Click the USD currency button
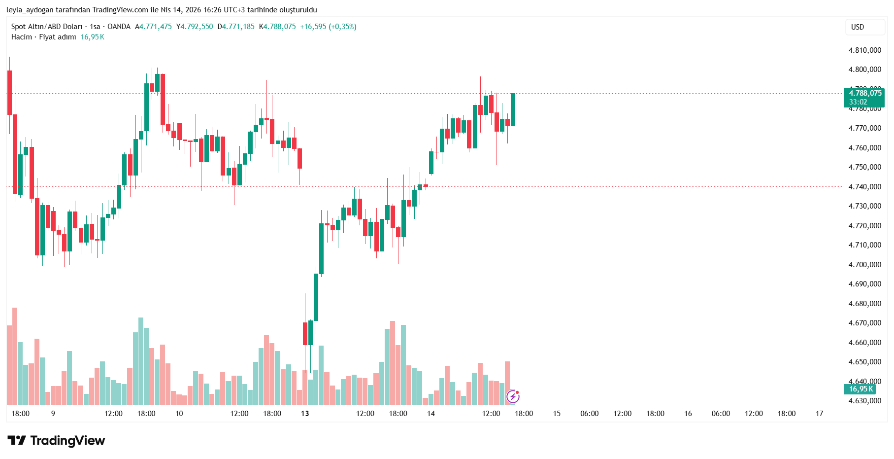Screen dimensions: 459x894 858,27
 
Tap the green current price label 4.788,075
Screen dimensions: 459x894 864,93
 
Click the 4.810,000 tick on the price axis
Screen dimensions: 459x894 864,50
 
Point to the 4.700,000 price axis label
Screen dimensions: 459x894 864,265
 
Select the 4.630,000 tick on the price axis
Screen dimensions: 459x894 864,401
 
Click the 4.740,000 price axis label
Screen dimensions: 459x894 864,187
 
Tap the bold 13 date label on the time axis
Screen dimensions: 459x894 305,414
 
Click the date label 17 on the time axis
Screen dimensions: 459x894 819,414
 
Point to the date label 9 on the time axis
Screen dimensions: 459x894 53,414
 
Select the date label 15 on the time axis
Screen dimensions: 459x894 557,414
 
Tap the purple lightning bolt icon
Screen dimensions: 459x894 513,396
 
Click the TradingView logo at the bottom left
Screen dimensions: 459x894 56,440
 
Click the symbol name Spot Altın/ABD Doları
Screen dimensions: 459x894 47,27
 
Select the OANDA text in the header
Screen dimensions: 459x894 119,27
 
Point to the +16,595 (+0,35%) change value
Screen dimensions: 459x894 328,27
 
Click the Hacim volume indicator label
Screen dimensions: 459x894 22,37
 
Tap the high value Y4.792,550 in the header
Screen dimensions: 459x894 195,27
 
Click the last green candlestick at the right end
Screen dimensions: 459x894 513,109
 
